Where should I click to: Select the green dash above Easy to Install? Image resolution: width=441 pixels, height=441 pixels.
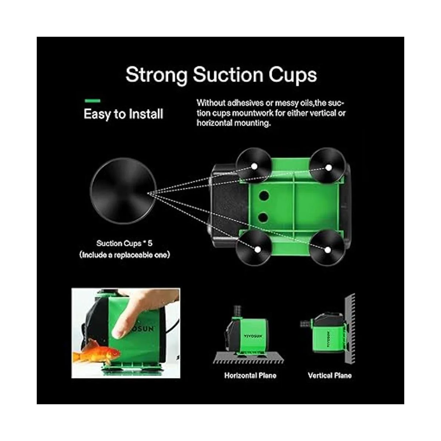click(92, 100)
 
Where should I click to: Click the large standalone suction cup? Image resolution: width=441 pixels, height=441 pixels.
click(123, 191)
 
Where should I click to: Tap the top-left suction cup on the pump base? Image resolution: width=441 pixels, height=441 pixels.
click(254, 166)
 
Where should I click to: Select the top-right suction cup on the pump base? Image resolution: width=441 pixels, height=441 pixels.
click(327, 166)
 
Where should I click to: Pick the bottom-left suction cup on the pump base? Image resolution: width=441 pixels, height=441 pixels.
click(254, 248)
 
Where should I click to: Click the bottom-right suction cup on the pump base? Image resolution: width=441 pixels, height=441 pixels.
click(327, 248)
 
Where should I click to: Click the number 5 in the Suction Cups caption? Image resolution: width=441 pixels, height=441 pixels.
click(150, 243)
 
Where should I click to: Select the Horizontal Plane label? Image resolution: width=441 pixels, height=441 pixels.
click(250, 376)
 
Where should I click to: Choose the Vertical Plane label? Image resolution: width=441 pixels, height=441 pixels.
click(330, 376)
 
